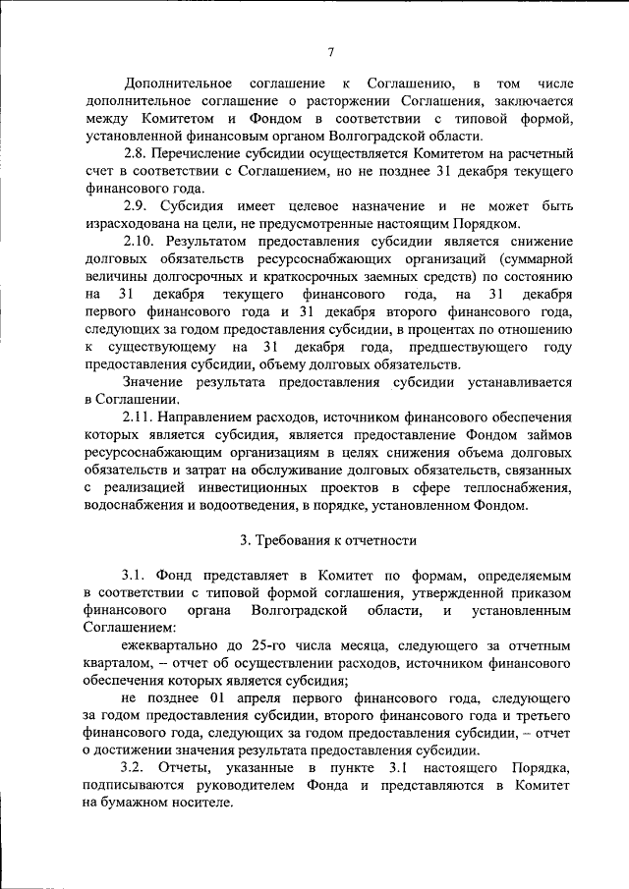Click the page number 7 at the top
click(x=331, y=52)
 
